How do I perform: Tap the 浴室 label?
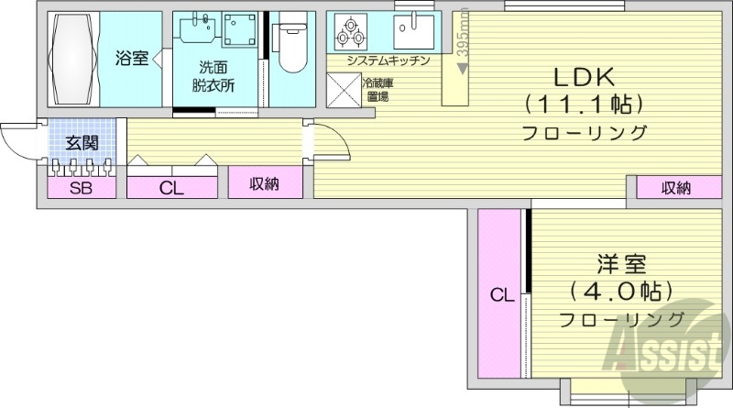pyautogui.click(x=131, y=60)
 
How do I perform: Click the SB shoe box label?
pyautogui.click(x=82, y=189)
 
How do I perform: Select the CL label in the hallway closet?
pyautogui.click(x=171, y=189)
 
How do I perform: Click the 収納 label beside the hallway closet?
pyautogui.click(x=265, y=183)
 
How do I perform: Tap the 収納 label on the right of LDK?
pyautogui.click(x=677, y=188)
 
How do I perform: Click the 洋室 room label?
pyautogui.click(x=622, y=266)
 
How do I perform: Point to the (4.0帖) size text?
pyautogui.click(x=622, y=292)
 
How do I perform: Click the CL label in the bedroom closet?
pyautogui.click(x=499, y=295)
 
